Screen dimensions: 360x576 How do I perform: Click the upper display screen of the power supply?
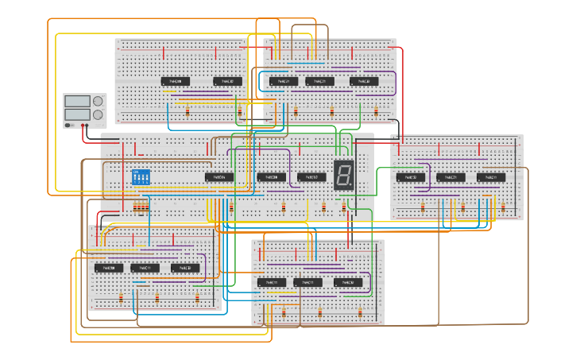[x=77, y=102]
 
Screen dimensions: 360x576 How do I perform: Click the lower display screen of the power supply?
[x=77, y=114]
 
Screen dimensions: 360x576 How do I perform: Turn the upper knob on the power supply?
[x=99, y=102]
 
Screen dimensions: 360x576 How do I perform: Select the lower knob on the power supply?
[x=99, y=114]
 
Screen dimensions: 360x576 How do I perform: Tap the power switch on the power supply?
[x=70, y=125]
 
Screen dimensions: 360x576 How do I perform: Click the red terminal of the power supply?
[x=85, y=125]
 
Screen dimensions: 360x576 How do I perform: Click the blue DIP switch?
[x=140, y=177]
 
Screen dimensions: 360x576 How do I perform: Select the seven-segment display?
[x=344, y=174]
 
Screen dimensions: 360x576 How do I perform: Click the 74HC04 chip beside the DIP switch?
[x=219, y=177]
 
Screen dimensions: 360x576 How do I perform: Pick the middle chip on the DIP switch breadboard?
[x=271, y=177]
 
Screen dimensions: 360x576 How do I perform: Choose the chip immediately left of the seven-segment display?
[x=311, y=177]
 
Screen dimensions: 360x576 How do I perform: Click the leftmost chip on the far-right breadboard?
[x=411, y=177]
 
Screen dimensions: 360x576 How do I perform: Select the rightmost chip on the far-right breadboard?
[x=491, y=177]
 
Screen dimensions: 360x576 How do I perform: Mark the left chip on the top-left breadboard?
[x=176, y=81]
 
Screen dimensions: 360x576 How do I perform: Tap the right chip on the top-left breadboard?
[x=227, y=81]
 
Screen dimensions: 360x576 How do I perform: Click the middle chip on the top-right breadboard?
[x=320, y=81]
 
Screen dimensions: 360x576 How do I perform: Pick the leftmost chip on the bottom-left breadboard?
[x=109, y=268]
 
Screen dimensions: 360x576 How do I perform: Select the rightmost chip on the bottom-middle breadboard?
[x=348, y=282]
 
